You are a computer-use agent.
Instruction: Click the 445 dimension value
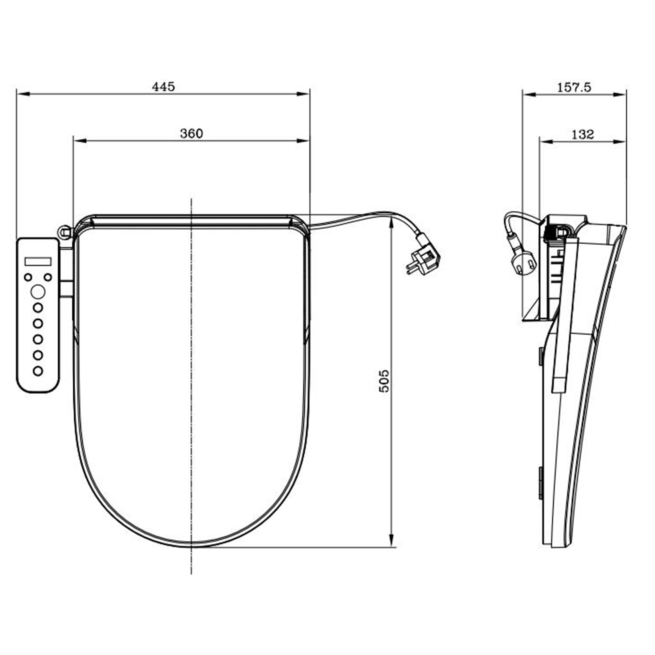163,87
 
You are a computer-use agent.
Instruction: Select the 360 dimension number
191,133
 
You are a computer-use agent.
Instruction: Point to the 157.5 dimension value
574,87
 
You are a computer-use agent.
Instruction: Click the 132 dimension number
582,134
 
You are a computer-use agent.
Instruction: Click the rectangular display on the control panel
38,261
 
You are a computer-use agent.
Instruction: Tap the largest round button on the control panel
38,292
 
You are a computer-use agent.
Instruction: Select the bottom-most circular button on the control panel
38,371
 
